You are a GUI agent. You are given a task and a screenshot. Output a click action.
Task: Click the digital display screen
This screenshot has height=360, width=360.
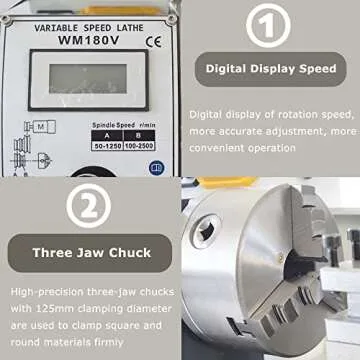pyautogui.click(x=87, y=79)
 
